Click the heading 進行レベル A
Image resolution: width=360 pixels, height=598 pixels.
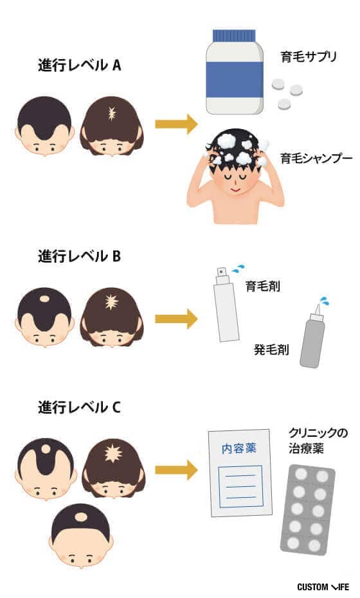click(x=80, y=66)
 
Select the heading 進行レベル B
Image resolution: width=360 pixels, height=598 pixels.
click(x=80, y=256)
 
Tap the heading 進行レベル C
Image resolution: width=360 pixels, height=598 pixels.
click(x=80, y=407)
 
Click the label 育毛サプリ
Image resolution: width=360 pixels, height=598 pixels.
click(x=309, y=57)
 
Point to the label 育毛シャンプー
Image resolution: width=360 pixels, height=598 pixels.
click(x=316, y=158)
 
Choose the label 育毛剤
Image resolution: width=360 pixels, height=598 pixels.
click(x=263, y=286)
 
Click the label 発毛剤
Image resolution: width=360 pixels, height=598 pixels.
click(x=271, y=349)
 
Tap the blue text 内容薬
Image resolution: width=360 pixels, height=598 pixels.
click(x=239, y=448)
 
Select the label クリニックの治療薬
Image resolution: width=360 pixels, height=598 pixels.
click(x=318, y=441)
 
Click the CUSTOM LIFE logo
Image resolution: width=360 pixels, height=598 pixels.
click(x=323, y=586)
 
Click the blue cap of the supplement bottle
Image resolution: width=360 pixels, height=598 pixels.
click(x=234, y=35)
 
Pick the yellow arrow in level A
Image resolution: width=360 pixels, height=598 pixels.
click(x=176, y=124)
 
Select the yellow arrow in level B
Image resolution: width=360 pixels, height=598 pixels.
click(x=176, y=319)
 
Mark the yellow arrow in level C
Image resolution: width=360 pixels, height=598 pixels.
click(x=176, y=470)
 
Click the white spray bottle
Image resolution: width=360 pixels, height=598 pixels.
click(x=226, y=304)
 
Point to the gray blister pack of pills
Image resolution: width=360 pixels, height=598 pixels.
click(x=308, y=510)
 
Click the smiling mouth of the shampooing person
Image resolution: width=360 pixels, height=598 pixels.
click(x=235, y=189)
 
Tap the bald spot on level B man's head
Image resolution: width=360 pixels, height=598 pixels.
click(x=44, y=299)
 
